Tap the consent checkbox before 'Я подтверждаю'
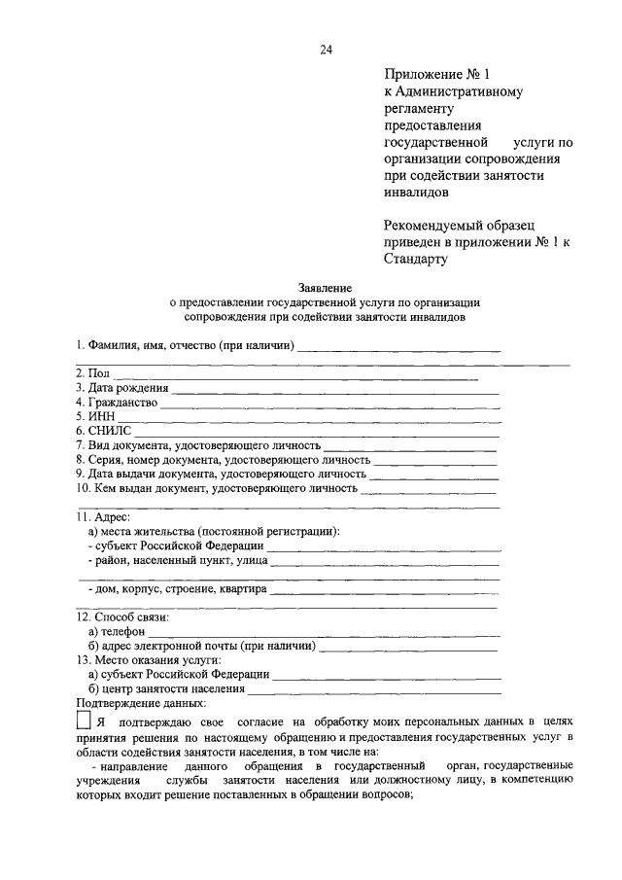[x=83, y=722]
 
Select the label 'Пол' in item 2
[x=98, y=373]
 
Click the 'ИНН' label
[x=102, y=415]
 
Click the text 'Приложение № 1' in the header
[x=432, y=74]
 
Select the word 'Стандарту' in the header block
[x=416, y=260]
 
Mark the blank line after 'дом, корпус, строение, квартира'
[x=384, y=589]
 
